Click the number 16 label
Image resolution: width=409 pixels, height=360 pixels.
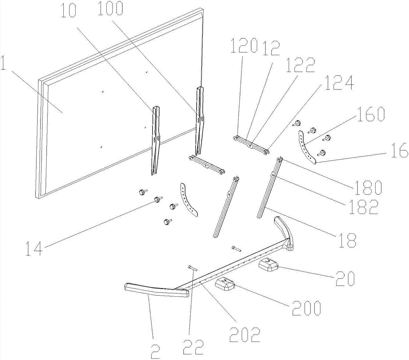coord(398,152)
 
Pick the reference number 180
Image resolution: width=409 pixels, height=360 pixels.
coord(368,187)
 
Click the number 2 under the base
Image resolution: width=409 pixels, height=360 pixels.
coord(155,351)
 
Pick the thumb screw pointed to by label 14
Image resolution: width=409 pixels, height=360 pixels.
coord(157,199)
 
